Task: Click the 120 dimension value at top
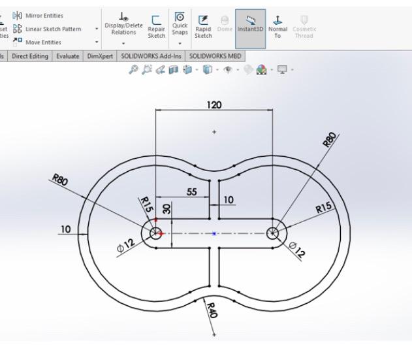[x=214, y=105]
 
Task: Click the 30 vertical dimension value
[x=166, y=210]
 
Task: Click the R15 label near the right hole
[x=324, y=208]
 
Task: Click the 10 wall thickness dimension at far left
[x=66, y=229]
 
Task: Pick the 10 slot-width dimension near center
[x=229, y=199]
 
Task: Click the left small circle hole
[x=155, y=233]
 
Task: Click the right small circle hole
[x=273, y=233]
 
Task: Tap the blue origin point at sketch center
[x=214, y=233]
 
